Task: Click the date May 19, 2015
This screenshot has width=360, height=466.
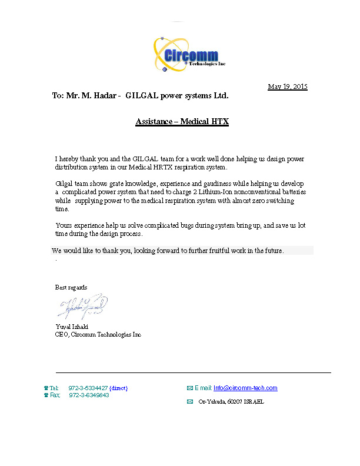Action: (x=288, y=87)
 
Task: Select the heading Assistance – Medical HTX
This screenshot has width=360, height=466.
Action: (x=182, y=122)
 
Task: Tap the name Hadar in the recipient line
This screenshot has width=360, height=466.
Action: (x=105, y=95)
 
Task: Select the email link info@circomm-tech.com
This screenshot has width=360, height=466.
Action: (x=245, y=388)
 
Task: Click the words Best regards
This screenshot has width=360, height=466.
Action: (x=71, y=288)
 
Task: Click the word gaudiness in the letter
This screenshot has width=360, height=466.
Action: (x=220, y=184)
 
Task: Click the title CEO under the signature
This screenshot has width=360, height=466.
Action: (x=62, y=334)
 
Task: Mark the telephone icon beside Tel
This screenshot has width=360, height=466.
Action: (x=46, y=388)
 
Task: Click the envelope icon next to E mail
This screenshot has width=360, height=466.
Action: (x=189, y=388)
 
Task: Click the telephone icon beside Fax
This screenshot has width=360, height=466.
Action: (x=46, y=395)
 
